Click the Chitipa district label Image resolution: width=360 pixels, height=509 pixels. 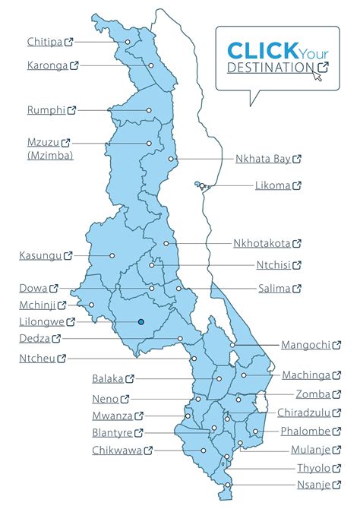(45, 42)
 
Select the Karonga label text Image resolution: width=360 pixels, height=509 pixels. (46, 65)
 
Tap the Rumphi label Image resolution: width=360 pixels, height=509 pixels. (45, 109)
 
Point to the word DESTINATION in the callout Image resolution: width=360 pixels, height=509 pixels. (270, 68)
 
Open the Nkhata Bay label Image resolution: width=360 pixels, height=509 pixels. (263, 159)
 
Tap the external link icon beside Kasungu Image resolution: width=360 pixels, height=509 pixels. (68, 256)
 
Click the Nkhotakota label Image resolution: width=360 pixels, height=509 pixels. (261, 244)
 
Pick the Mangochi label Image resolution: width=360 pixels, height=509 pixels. (305, 344)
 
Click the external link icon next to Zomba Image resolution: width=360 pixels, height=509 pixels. (336, 394)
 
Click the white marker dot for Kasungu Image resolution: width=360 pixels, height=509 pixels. (112, 256)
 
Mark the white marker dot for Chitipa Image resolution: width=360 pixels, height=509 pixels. (128, 42)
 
